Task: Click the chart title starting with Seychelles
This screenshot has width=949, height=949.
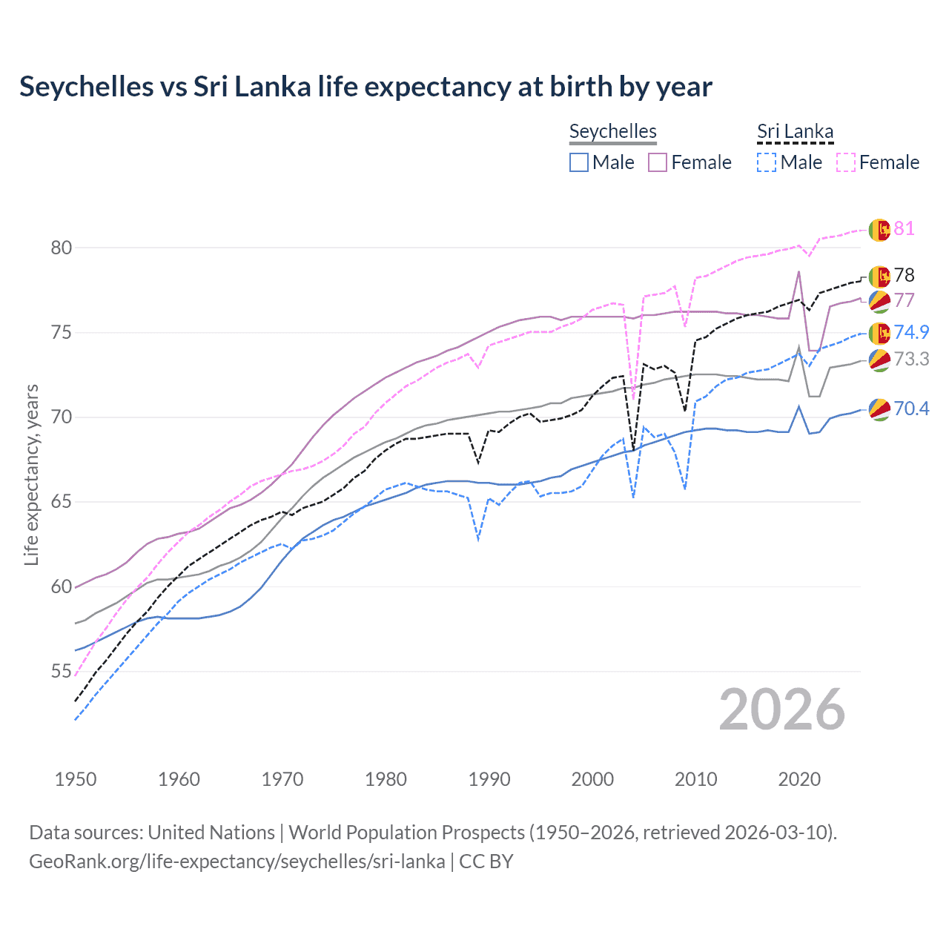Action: tap(366, 87)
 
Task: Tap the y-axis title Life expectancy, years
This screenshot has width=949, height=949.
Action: tap(31, 474)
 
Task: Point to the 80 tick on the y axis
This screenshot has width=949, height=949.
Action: tap(62, 248)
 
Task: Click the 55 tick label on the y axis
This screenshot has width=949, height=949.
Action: tap(62, 672)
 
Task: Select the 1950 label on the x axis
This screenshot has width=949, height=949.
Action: tap(76, 779)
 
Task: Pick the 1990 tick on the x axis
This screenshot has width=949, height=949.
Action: tap(489, 779)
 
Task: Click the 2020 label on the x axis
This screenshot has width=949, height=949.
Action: tap(799, 779)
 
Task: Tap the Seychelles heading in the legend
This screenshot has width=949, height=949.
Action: tap(612, 131)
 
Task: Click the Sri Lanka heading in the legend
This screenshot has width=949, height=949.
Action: tap(795, 131)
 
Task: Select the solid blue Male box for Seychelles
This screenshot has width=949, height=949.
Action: tap(579, 162)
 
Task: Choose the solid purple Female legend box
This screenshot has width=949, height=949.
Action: tap(658, 162)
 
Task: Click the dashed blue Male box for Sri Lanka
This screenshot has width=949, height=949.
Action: tap(767, 162)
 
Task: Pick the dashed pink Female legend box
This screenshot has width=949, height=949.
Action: tap(846, 162)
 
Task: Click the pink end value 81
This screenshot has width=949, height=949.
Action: tap(904, 228)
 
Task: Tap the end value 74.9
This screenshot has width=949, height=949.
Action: tap(911, 332)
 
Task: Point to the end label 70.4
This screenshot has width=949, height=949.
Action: tap(911, 409)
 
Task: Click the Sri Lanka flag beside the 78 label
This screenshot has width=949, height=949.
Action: tap(879, 277)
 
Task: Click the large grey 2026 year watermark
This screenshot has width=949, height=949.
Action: tap(782, 710)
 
